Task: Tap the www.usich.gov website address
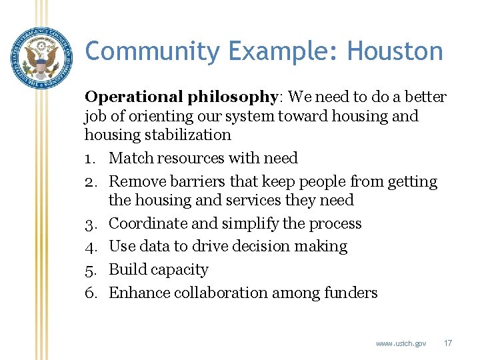(401, 343)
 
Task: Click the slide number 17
(447, 343)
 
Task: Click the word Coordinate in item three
(149, 224)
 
